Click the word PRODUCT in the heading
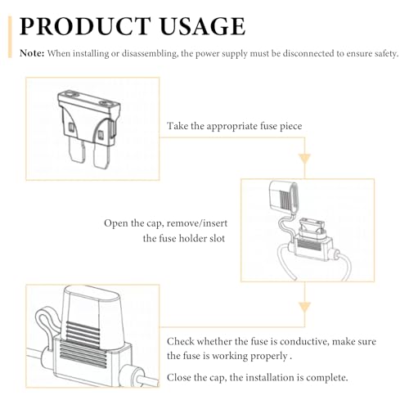[85, 26]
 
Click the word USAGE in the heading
[203, 26]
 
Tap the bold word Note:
[32, 53]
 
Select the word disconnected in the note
[308, 53]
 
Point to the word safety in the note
[384, 54]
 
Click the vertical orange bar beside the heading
[10, 37]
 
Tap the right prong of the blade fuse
[101, 155]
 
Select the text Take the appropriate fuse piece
[235, 126]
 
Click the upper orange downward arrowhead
[304, 159]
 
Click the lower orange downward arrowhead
[304, 308]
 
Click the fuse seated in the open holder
[312, 227]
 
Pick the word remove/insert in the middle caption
[197, 223]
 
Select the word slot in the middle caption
[217, 239]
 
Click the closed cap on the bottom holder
[94, 317]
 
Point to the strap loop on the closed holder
[47, 327]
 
